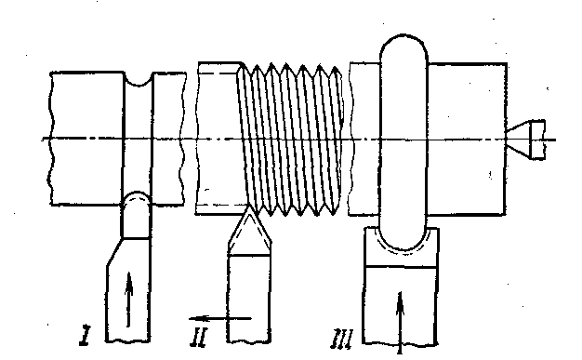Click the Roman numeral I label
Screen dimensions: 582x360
click(86, 336)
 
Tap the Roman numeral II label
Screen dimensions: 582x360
click(199, 338)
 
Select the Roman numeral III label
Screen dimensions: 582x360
click(341, 339)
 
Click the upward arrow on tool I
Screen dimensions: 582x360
click(129, 300)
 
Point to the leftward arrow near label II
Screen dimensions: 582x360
click(220, 318)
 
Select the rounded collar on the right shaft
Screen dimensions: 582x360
click(403, 142)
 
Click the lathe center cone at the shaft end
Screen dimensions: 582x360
click(518, 140)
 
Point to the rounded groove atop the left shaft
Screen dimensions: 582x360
click(138, 80)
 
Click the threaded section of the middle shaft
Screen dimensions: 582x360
click(292, 140)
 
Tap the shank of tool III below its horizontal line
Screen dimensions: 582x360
click(400, 305)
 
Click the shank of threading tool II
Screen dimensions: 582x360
click(248, 299)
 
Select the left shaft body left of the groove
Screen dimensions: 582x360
click(86, 139)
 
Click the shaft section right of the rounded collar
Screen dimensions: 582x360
click(468, 140)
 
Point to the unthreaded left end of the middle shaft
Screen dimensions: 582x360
click(219, 139)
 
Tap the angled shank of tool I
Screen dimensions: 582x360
click(128, 290)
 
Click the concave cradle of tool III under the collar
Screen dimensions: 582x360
click(401, 247)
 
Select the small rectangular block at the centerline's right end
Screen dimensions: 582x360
click(537, 140)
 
